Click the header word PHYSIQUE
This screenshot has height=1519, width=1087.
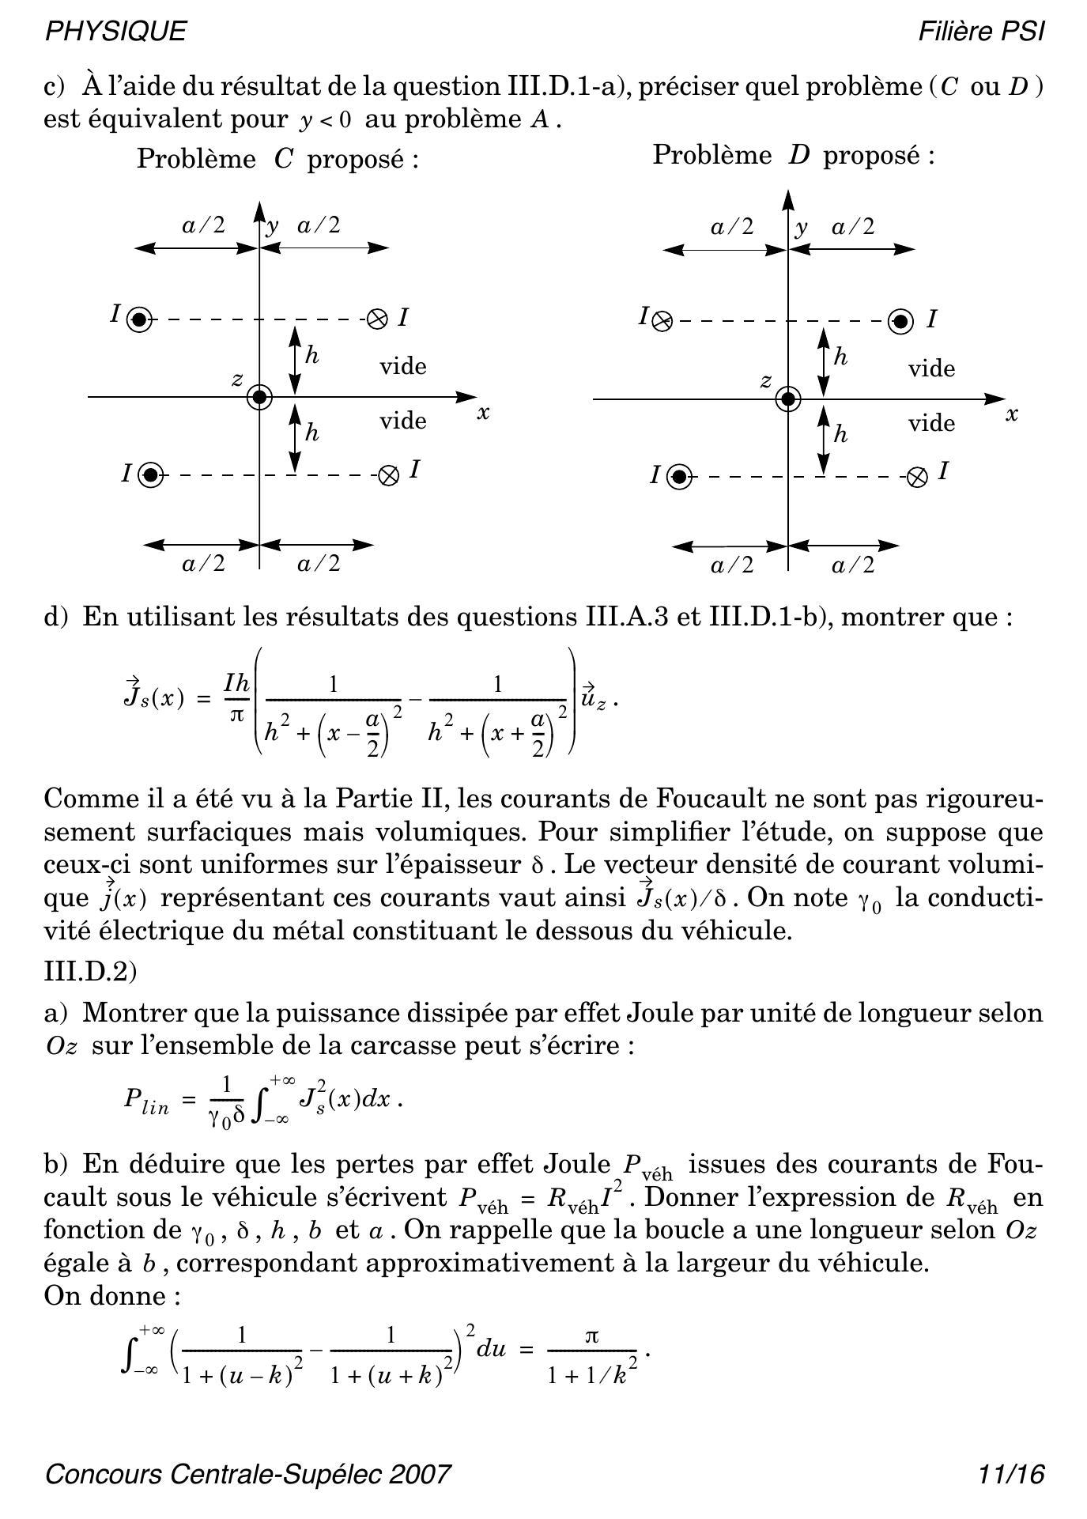[116, 31]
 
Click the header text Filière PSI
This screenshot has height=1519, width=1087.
[981, 31]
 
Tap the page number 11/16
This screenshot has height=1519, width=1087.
[1011, 1474]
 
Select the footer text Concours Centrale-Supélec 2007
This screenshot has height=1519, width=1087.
[248, 1474]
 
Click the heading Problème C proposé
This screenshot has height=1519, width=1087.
[277, 159]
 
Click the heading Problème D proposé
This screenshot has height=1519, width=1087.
[793, 155]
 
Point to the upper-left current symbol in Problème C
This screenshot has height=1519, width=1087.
[139, 319]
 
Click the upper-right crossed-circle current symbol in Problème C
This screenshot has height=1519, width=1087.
[378, 319]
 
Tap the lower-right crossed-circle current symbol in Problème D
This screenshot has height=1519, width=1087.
[916, 478]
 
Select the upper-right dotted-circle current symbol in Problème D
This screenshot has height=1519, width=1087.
[900, 321]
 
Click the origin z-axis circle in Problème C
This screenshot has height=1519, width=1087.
[259, 397]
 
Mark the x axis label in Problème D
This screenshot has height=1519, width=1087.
[1011, 414]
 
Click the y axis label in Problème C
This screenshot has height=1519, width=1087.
[273, 227]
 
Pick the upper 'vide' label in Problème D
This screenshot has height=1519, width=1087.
[931, 368]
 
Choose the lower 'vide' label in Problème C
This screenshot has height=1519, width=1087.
[402, 421]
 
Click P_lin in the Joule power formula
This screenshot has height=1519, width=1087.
[146, 1101]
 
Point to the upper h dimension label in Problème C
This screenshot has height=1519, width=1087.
[311, 355]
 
